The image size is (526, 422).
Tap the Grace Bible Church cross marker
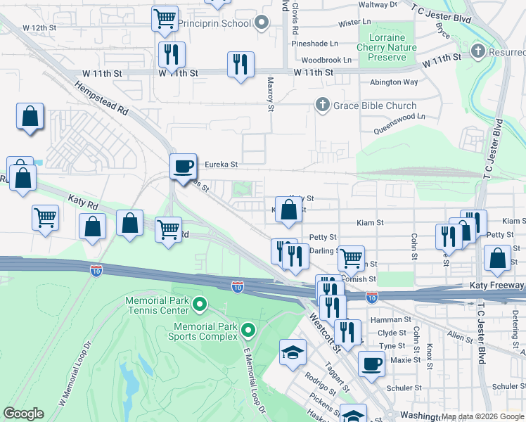point(323,105)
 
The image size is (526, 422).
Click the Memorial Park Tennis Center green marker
point(200,305)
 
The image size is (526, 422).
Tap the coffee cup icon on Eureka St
point(184,165)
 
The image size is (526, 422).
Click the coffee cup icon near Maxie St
point(371,364)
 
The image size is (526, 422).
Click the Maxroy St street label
point(270,94)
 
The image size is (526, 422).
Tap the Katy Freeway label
point(496,286)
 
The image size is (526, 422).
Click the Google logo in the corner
point(23,414)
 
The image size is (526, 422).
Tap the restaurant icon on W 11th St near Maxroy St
point(240,65)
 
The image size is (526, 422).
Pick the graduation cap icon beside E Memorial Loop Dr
point(293,352)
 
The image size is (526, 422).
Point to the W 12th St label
point(39,27)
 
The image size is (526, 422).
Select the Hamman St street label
point(394,319)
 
